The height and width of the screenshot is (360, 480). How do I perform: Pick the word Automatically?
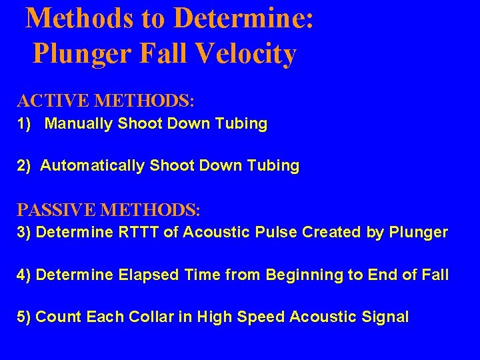click(x=92, y=166)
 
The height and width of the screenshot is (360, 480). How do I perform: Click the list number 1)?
click(x=25, y=124)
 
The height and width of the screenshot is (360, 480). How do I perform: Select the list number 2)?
click(x=25, y=166)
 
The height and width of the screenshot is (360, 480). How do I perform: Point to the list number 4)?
click(x=25, y=275)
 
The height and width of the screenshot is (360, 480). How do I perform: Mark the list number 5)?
click(x=25, y=317)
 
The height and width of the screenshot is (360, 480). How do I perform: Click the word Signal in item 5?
click(x=385, y=317)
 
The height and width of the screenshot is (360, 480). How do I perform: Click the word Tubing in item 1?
click(x=243, y=124)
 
